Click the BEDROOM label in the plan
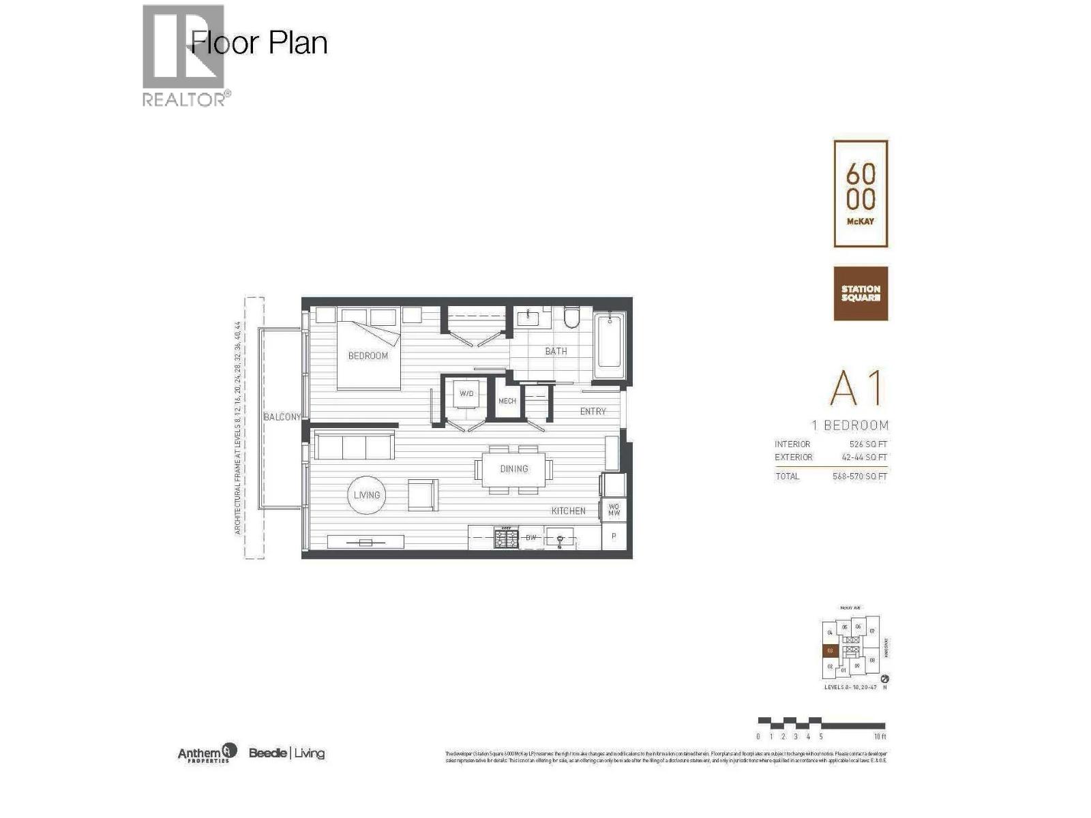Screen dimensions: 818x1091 [368, 356]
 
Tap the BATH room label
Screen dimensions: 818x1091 [556, 351]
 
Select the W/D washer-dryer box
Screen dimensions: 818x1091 [466, 394]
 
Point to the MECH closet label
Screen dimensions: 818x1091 [507, 401]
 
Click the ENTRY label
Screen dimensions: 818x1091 [593, 411]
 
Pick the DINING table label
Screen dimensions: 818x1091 [513, 469]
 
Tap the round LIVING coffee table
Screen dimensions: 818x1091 [367, 495]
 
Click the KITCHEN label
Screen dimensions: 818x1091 [568, 511]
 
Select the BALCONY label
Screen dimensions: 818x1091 [282, 416]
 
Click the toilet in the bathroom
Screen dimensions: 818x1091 [571, 318]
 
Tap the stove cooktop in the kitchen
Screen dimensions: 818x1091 [506, 537]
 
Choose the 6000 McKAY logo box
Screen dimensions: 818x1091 [861, 194]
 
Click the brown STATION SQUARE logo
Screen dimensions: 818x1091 [861, 293]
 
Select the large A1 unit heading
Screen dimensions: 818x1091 [856, 389]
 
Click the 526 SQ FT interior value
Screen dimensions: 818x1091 [868, 444]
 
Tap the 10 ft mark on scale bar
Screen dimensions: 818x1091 [880, 736]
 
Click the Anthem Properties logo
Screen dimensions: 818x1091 [207, 753]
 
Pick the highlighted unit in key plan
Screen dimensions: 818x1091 [830, 651]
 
